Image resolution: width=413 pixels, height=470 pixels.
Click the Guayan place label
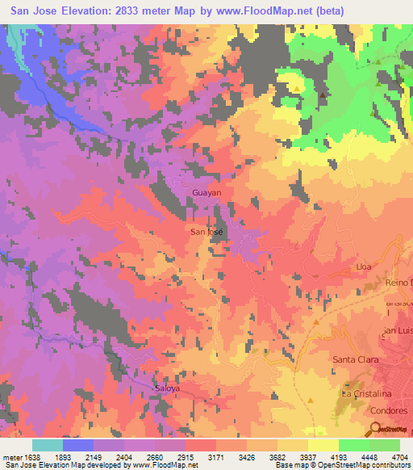point(207,193)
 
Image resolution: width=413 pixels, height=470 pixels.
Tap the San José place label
point(206,232)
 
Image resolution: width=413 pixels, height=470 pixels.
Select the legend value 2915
point(186,457)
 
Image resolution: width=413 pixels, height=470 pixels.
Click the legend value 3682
point(277,457)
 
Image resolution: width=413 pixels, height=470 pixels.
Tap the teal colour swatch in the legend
point(48,445)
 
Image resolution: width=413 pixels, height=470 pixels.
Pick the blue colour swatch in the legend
point(78,445)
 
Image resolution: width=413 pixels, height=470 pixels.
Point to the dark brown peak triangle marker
point(323,95)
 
